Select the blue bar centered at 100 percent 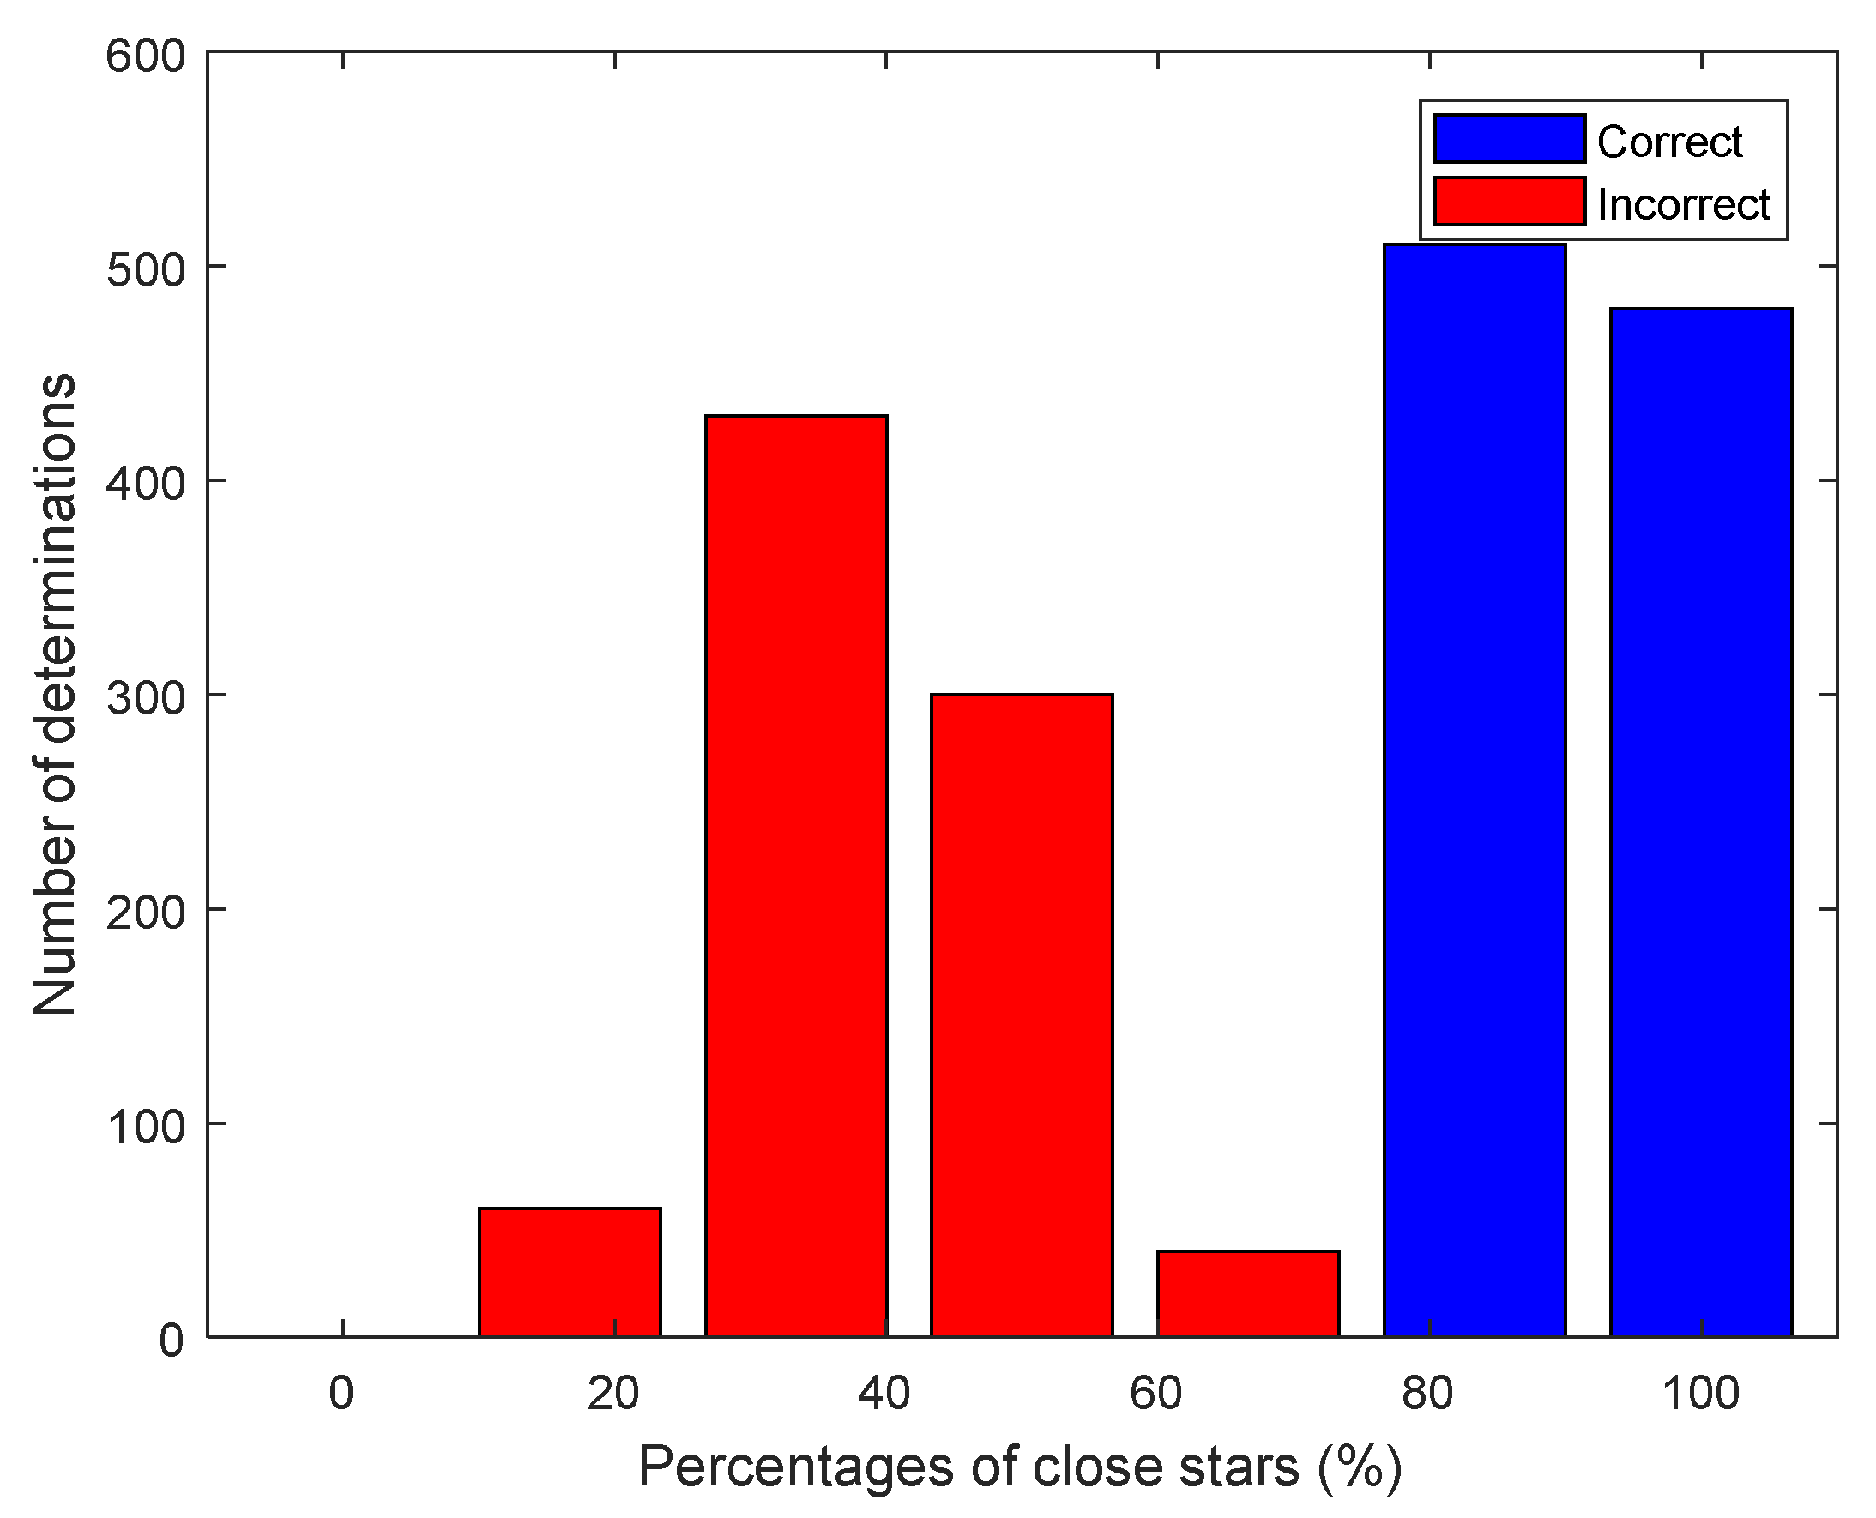click(x=1700, y=822)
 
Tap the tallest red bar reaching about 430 click(x=796, y=876)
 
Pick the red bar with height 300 click(x=1022, y=1015)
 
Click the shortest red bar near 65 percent click(x=1248, y=1293)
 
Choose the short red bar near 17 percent click(x=570, y=1271)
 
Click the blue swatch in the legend click(x=1510, y=139)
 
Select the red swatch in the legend click(x=1510, y=202)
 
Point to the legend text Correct click(x=1669, y=142)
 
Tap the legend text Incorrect click(x=1684, y=205)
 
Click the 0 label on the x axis click(x=341, y=1394)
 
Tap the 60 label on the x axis click(x=1156, y=1394)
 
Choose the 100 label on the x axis click(x=1700, y=1394)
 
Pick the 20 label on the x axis click(x=613, y=1394)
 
